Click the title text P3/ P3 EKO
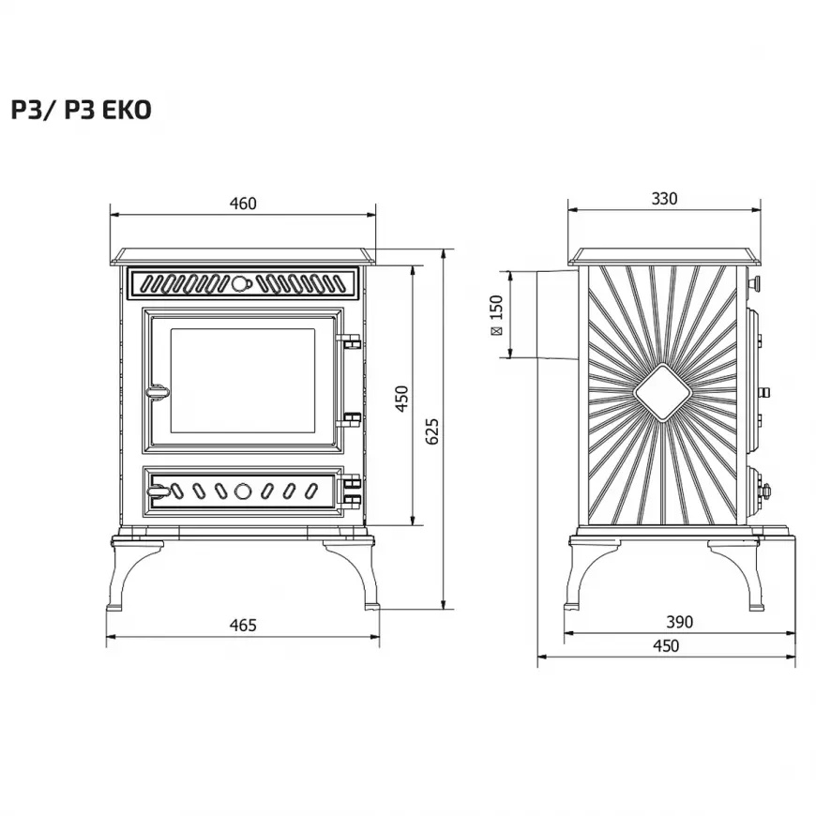pos(81,110)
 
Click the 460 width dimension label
pos(242,204)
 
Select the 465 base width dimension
pos(242,626)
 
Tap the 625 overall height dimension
pos(432,431)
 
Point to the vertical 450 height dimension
pos(401,398)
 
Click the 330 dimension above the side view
pos(663,199)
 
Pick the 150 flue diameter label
pos(496,315)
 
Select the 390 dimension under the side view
pos(678,622)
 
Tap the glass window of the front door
pos(242,380)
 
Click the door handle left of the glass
pos(156,389)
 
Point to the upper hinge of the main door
pos(351,342)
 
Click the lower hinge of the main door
pos(351,418)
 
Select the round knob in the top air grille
pos(242,282)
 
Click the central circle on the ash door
pos(242,490)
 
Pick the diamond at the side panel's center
pos(663,393)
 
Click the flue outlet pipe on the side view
pos(553,314)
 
